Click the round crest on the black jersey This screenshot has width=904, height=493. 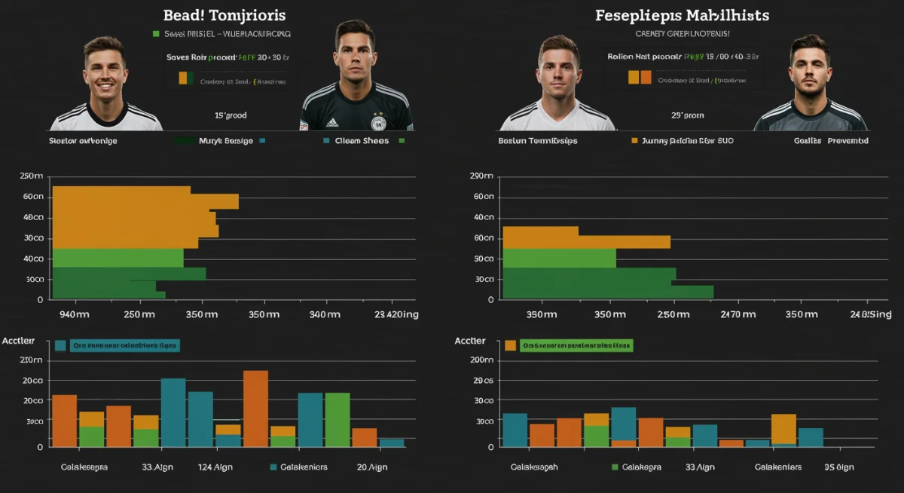click(x=377, y=122)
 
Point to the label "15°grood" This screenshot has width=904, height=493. click(x=231, y=115)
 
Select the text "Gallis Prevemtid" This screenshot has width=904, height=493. click(x=831, y=140)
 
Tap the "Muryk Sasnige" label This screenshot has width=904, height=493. click(x=226, y=140)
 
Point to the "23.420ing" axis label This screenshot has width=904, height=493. click(x=396, y=314)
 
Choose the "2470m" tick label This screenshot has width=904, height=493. click(x=738, y=314)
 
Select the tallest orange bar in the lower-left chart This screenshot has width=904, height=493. click(x=255, y=409)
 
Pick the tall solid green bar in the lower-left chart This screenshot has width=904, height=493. click(x=337, y=420)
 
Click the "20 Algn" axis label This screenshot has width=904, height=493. click(x=372, y=467)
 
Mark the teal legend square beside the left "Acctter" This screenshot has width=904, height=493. click(x=60, y=345)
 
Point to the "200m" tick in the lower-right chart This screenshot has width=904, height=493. click(x=481, y=360)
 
